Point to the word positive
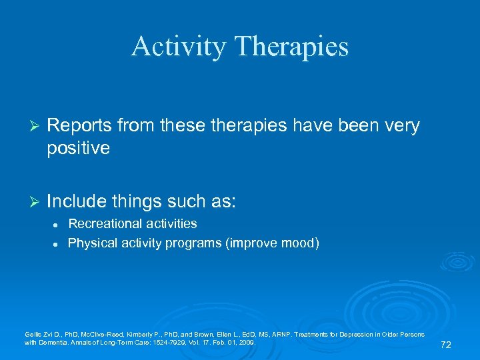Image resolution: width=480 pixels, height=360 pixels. (x=78, y=147)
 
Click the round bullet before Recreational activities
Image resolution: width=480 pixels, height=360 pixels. (x=52, y=224)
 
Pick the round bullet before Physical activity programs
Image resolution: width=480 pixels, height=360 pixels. (x=52, y=244)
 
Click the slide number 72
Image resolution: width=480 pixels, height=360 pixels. (x=446, y=345)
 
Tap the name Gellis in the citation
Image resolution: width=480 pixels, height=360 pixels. (x=33, y=333)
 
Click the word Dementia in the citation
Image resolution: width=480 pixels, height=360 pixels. (x=54, y=342)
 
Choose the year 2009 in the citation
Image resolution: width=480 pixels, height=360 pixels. (x=245, y=342)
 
